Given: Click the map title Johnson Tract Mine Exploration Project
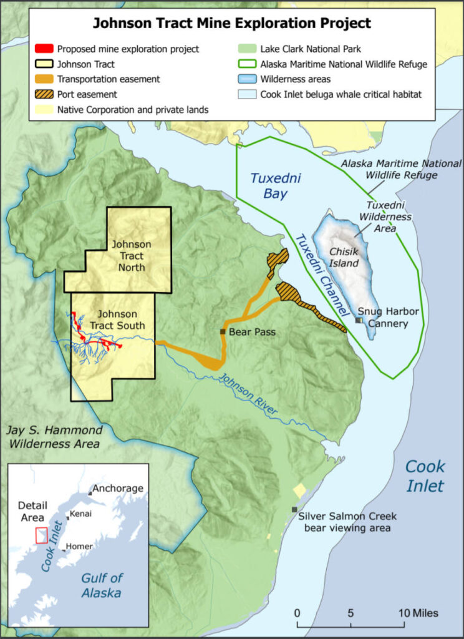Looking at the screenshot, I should (232, 24).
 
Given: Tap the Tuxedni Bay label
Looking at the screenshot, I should (269, 185).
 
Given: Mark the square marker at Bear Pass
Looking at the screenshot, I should (223, 331).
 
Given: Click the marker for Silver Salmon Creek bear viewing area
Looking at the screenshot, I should (294, 510).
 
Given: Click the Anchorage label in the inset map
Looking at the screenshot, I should (117, 488).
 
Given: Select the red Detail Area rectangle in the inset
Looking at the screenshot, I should (41, 535).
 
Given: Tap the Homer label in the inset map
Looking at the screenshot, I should (80, 546).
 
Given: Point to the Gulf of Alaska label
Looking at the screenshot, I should (101, 585).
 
